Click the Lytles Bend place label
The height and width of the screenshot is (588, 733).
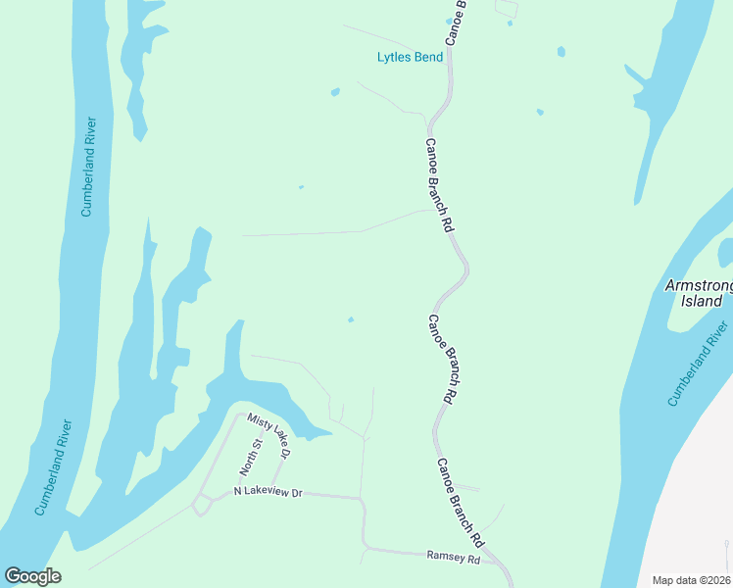pyautogui.click(x=410, y=57)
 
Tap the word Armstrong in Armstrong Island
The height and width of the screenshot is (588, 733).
pyautogui.click(x=698, y=285)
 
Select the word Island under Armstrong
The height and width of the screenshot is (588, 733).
pyautogui.click(x=701, y=301)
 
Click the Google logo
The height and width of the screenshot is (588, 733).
pyautogui.click(x=32, y=576)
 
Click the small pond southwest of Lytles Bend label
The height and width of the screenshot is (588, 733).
pyautogui.click(x=335, y=92)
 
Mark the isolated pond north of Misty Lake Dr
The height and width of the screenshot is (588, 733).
pyautogui.click(x=351, y=318)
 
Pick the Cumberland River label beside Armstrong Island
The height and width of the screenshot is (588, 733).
pyautogui.click(x=699, y=364)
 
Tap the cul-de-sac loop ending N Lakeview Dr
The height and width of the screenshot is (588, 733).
pyautogui.click(x=203, y=505)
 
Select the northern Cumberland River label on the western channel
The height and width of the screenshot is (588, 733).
pyautogui.click(x=88, y=168)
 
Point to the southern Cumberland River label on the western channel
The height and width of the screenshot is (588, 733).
pyautogui.click(x=54, y=467)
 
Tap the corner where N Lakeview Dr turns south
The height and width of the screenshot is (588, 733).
pyautogui.click(x=363, y=501)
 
